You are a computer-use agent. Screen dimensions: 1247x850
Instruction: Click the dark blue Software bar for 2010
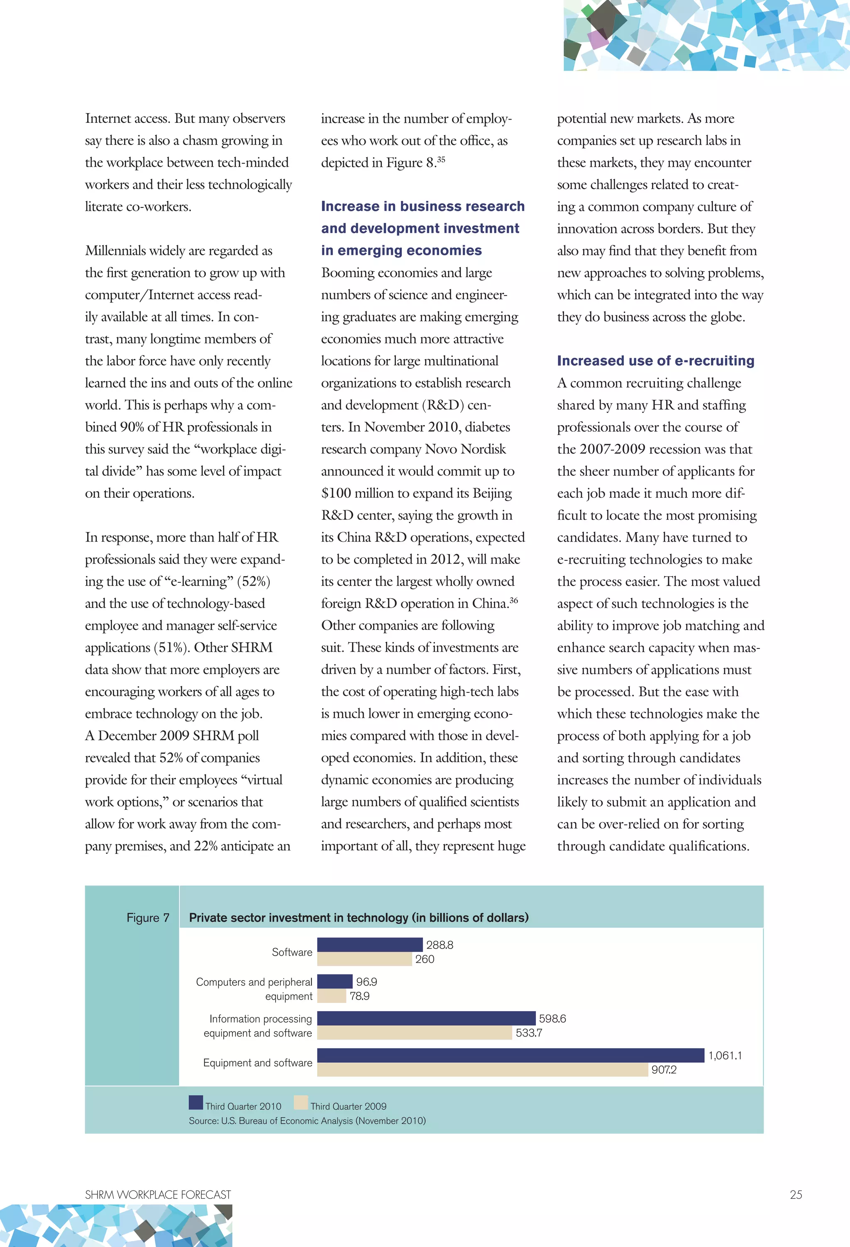pyautogui.click(x=370, y=944)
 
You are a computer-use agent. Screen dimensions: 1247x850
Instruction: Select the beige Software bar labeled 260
pyautogui.click(x=364, y=959)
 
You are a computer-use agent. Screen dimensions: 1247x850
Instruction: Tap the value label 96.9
pyautogui.click(x=366, y=981)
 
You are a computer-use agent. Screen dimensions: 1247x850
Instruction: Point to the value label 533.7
pyautogui.click(x=529, y=1033)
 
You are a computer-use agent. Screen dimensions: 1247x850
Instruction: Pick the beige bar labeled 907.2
pyautogui.click(x=482, y=1069)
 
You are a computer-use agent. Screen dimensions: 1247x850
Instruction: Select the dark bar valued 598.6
pyautogui.click(x=426, y=1018)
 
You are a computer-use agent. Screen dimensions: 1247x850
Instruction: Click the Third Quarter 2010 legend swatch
pyautogui.click(x=196, y=1103)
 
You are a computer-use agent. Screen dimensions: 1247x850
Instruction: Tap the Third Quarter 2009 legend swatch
pyautogui.click(x=301, y=1103)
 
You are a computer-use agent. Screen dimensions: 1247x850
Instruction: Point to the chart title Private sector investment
pyautogui.click(x=359, y=917)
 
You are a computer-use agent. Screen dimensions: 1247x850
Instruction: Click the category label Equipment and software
pyautogui.click(x=258, y=1062)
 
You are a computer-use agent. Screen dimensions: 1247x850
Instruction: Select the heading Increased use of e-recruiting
pyautogui.click(x=655, y=361)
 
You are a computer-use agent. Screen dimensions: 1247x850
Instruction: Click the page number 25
pyautogui.click(x=796, y=1194)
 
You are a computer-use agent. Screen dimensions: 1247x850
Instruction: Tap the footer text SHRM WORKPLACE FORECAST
pyautogui.click(x=158, y=1194)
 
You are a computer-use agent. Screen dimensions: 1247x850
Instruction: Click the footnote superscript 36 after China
pyautogui.click(x=513, y=600)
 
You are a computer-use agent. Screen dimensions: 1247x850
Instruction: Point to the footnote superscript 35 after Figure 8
pyautogui.click(x=441, y=159)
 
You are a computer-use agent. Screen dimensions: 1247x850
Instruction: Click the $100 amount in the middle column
pyautogui.click(x=336, y=493)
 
